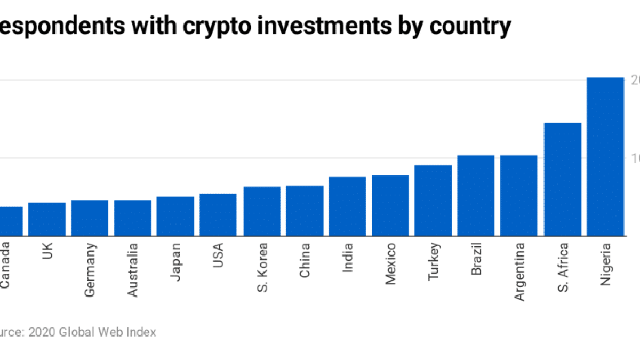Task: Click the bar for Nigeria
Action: pyautogui.click(x=605, y=157)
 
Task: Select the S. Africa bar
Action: pyautogui.click(x=562, y=179)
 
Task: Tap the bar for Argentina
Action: pyautogui.click(x=518, y=196)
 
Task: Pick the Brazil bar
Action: pyautogui.click(x=476, y=196)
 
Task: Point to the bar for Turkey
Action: pyautogui.click(x=433, y=201)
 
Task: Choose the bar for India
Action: pyautogui.click(x=347, y=206)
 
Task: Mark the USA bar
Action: pyautogui.click(x=218, y=215)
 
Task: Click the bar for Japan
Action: pyautogui.click(x=175, y=217)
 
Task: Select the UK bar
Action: pyautogui.click(x=47, y=219)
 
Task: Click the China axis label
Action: pyautogui.click(x=305, y=260)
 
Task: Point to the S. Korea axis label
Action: pyautogui.click(x=261, y=265)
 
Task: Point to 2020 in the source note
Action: pyautogui.click(x=41, y=332)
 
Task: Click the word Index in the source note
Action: pyautogui.click(x=141, y=332)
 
